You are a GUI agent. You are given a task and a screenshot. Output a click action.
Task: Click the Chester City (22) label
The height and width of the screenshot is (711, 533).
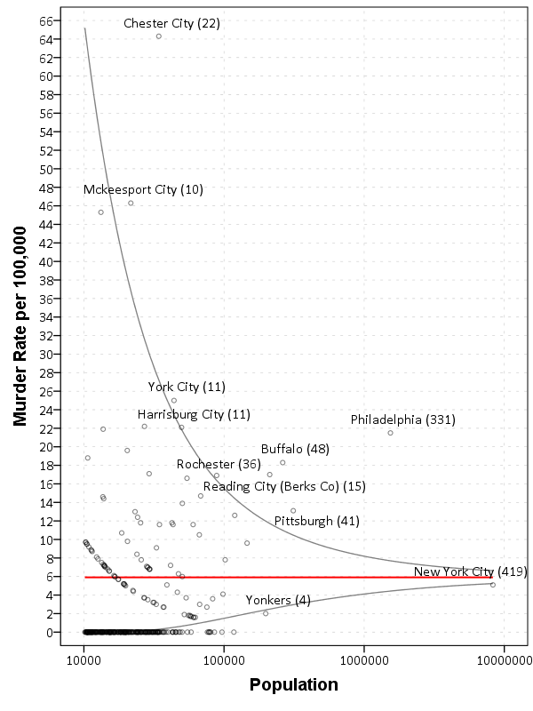pos(171,23)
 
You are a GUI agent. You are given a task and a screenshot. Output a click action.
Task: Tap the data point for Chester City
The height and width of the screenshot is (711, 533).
pos(159,36)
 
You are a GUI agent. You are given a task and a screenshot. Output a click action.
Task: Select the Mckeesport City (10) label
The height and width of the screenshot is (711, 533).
pos(143,189)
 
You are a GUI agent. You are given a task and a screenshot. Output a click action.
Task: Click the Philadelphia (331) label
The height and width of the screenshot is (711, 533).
pos(402,419)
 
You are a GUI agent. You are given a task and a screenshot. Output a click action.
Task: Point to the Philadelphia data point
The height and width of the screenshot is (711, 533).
pos(390,433)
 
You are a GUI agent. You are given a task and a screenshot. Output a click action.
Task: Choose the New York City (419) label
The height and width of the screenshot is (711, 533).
pos(471,571)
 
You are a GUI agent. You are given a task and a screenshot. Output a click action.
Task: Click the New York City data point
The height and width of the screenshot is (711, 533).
pos(493,585)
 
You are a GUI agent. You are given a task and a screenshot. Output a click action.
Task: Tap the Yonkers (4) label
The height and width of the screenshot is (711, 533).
pos(278,600)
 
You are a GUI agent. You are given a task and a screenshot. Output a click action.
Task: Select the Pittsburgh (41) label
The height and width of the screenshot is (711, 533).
pos(316,521)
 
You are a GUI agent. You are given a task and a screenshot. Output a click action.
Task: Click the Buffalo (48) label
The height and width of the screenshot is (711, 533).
pos(295,449)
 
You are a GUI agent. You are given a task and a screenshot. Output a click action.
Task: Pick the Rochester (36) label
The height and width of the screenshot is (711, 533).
pos(219,464)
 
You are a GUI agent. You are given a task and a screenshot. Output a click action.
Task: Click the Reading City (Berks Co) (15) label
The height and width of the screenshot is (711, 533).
pos(284,486)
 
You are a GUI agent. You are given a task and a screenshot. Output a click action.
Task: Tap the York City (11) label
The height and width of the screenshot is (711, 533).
pos(187,387)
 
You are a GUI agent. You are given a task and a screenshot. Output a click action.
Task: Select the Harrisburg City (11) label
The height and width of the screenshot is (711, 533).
pos(194,414)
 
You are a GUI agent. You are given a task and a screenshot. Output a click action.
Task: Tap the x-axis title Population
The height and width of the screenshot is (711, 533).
pos(293,684)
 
